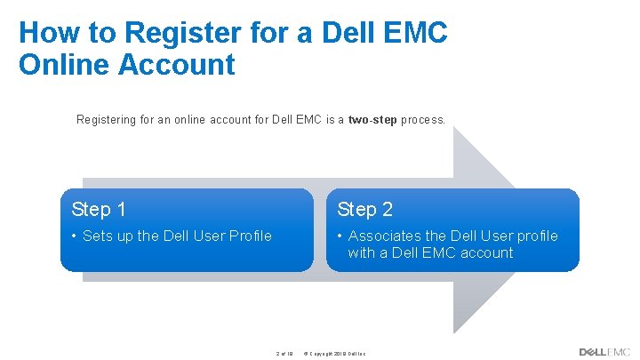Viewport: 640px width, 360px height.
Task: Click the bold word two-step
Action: click(x=372, y=119)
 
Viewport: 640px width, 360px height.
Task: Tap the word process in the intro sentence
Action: click(x=422, y=119)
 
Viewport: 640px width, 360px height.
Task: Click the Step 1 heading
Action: click(x=99, y=210)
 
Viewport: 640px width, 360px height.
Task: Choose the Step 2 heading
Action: click(x=364, y=210)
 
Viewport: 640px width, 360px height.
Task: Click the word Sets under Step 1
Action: click(x=99, y=236)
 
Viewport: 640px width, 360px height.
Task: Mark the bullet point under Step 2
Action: click(x=340, y=236)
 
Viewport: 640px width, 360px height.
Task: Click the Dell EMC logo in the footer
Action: click(x=604, y=352)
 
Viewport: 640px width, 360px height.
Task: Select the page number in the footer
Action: click(x=284, y=353)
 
